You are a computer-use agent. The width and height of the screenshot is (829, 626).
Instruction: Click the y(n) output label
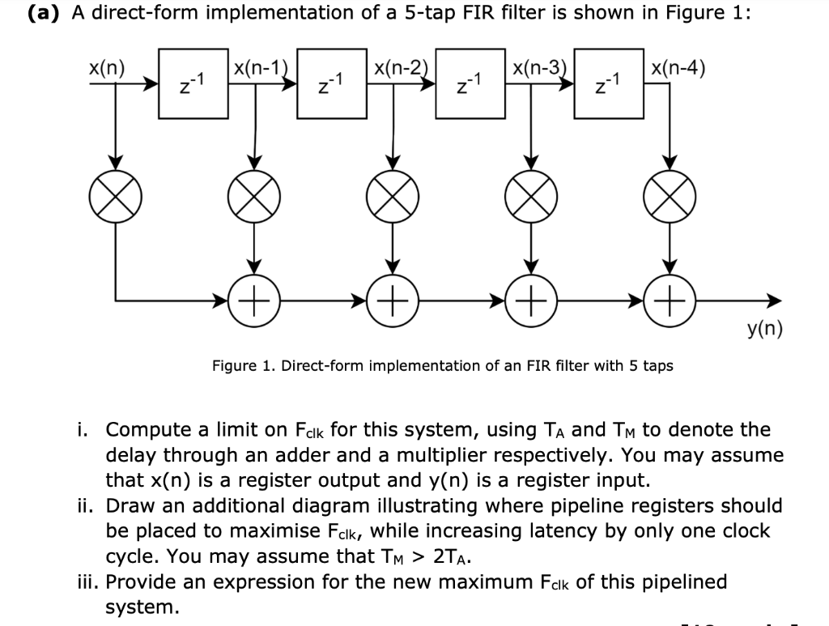764,330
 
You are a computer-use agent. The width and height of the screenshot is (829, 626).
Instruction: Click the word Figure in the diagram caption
232,366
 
